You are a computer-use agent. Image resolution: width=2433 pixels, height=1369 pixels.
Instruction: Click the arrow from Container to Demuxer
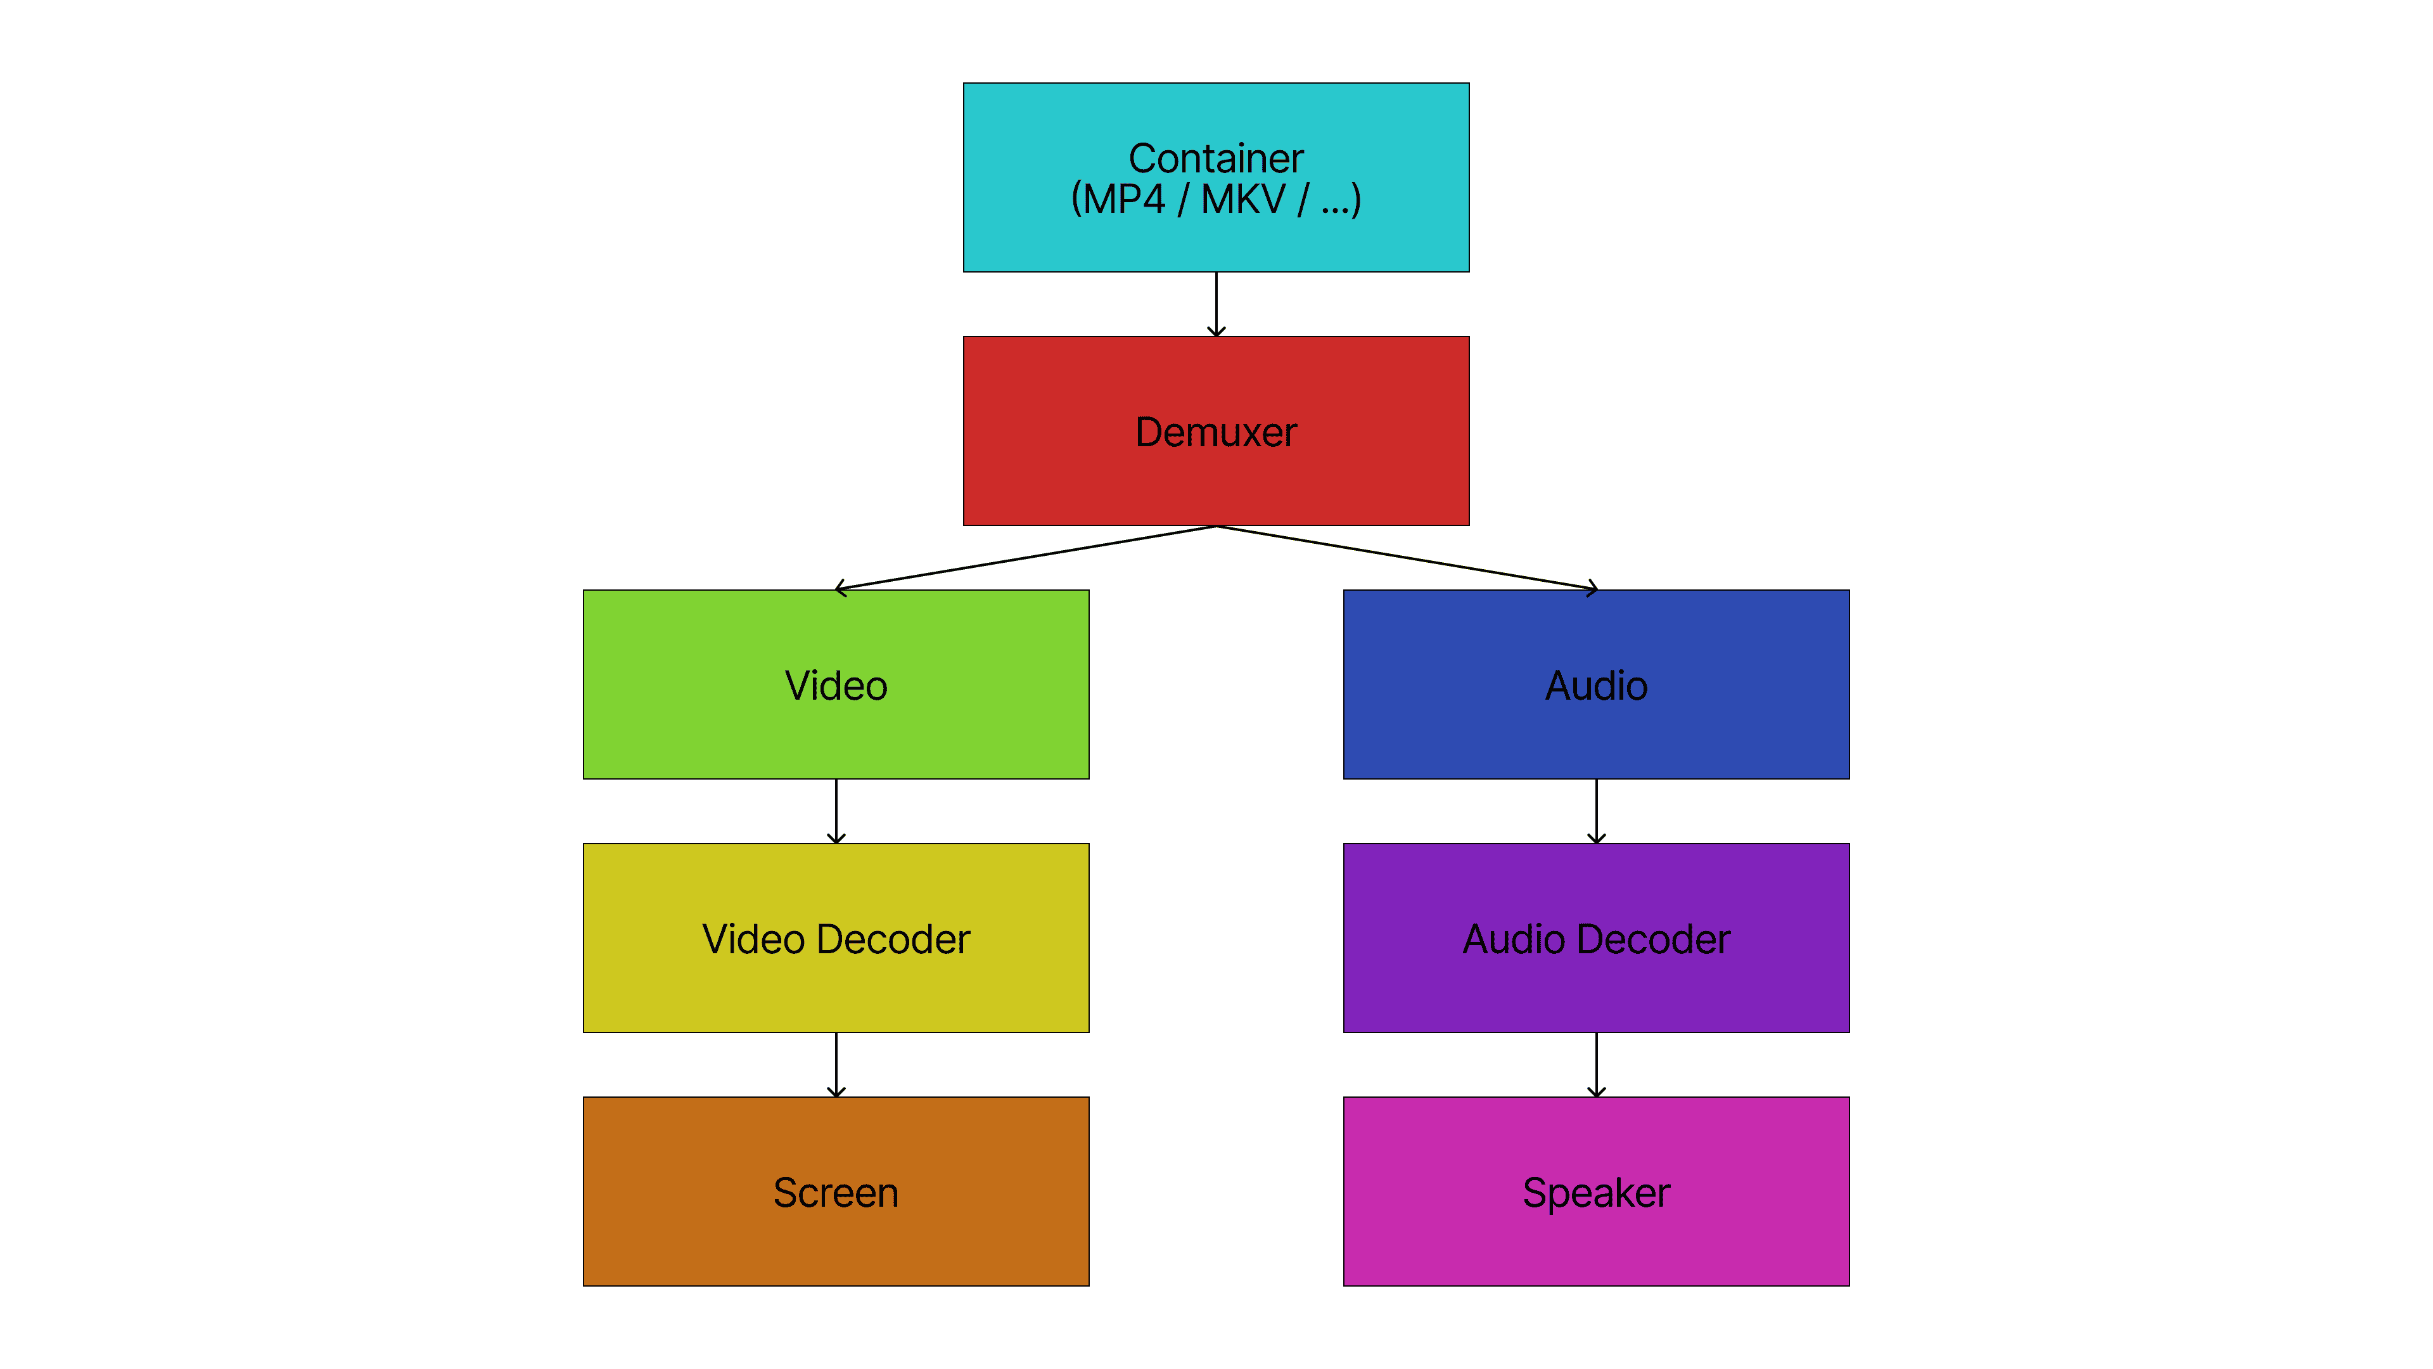[x=1216, y=304]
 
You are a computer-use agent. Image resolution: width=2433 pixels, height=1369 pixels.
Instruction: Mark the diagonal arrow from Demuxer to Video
[x=1026, y=558]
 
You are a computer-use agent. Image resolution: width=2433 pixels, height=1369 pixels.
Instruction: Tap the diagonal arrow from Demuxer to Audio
[x=1405, y=558]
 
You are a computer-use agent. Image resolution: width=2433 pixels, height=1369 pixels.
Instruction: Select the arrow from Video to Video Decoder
[x=836, y=811]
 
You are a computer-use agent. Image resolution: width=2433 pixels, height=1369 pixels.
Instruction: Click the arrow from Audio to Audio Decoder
[x=1596, y=811]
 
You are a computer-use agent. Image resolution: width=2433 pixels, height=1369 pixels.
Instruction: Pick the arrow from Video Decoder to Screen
[x=836, y=1064]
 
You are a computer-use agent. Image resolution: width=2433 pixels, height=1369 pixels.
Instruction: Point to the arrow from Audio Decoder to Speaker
[x=1596, y=1064]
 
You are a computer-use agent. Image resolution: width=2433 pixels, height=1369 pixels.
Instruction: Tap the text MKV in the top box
[x=1243, y=200]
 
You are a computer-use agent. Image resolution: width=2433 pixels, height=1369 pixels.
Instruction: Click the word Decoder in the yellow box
[x=893, y=939]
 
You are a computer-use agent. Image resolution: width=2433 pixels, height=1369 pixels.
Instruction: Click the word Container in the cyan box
[x=1216, y=158]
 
